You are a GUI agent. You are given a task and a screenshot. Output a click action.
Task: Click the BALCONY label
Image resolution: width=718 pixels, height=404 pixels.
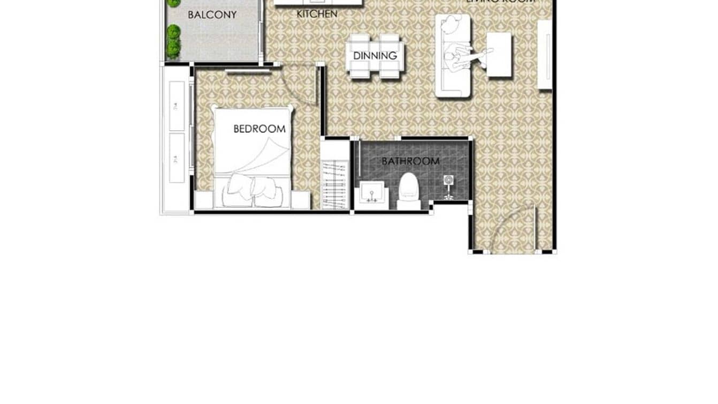[x=212, y=15]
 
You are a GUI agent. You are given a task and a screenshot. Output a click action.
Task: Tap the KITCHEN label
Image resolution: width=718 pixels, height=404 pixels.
[x=317, y=14]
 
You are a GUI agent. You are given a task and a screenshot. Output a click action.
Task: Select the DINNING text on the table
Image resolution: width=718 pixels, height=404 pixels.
[x=375, y=55]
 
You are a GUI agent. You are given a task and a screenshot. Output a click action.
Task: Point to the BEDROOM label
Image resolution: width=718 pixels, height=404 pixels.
[x=259, y=129]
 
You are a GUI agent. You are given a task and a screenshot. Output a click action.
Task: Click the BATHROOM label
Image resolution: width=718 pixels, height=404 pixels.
[x=410, y=161]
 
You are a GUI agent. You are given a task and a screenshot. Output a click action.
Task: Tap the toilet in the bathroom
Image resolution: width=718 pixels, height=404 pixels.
[x=409, y=190]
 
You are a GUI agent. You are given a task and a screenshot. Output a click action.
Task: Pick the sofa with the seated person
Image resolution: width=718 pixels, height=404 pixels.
[x=453, y=56]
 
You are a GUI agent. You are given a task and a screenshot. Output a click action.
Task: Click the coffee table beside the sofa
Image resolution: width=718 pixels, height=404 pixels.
[x=499, y=55]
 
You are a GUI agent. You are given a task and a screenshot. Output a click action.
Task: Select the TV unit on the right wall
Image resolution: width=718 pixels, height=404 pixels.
[x=545, y=55]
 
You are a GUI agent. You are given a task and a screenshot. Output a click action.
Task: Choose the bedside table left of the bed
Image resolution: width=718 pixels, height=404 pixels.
[x=203, y=200]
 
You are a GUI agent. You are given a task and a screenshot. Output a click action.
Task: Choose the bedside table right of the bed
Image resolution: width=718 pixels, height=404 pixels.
[x=301, y=200]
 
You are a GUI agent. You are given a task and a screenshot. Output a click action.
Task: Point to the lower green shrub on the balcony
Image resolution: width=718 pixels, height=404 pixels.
[x=173, y=48]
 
